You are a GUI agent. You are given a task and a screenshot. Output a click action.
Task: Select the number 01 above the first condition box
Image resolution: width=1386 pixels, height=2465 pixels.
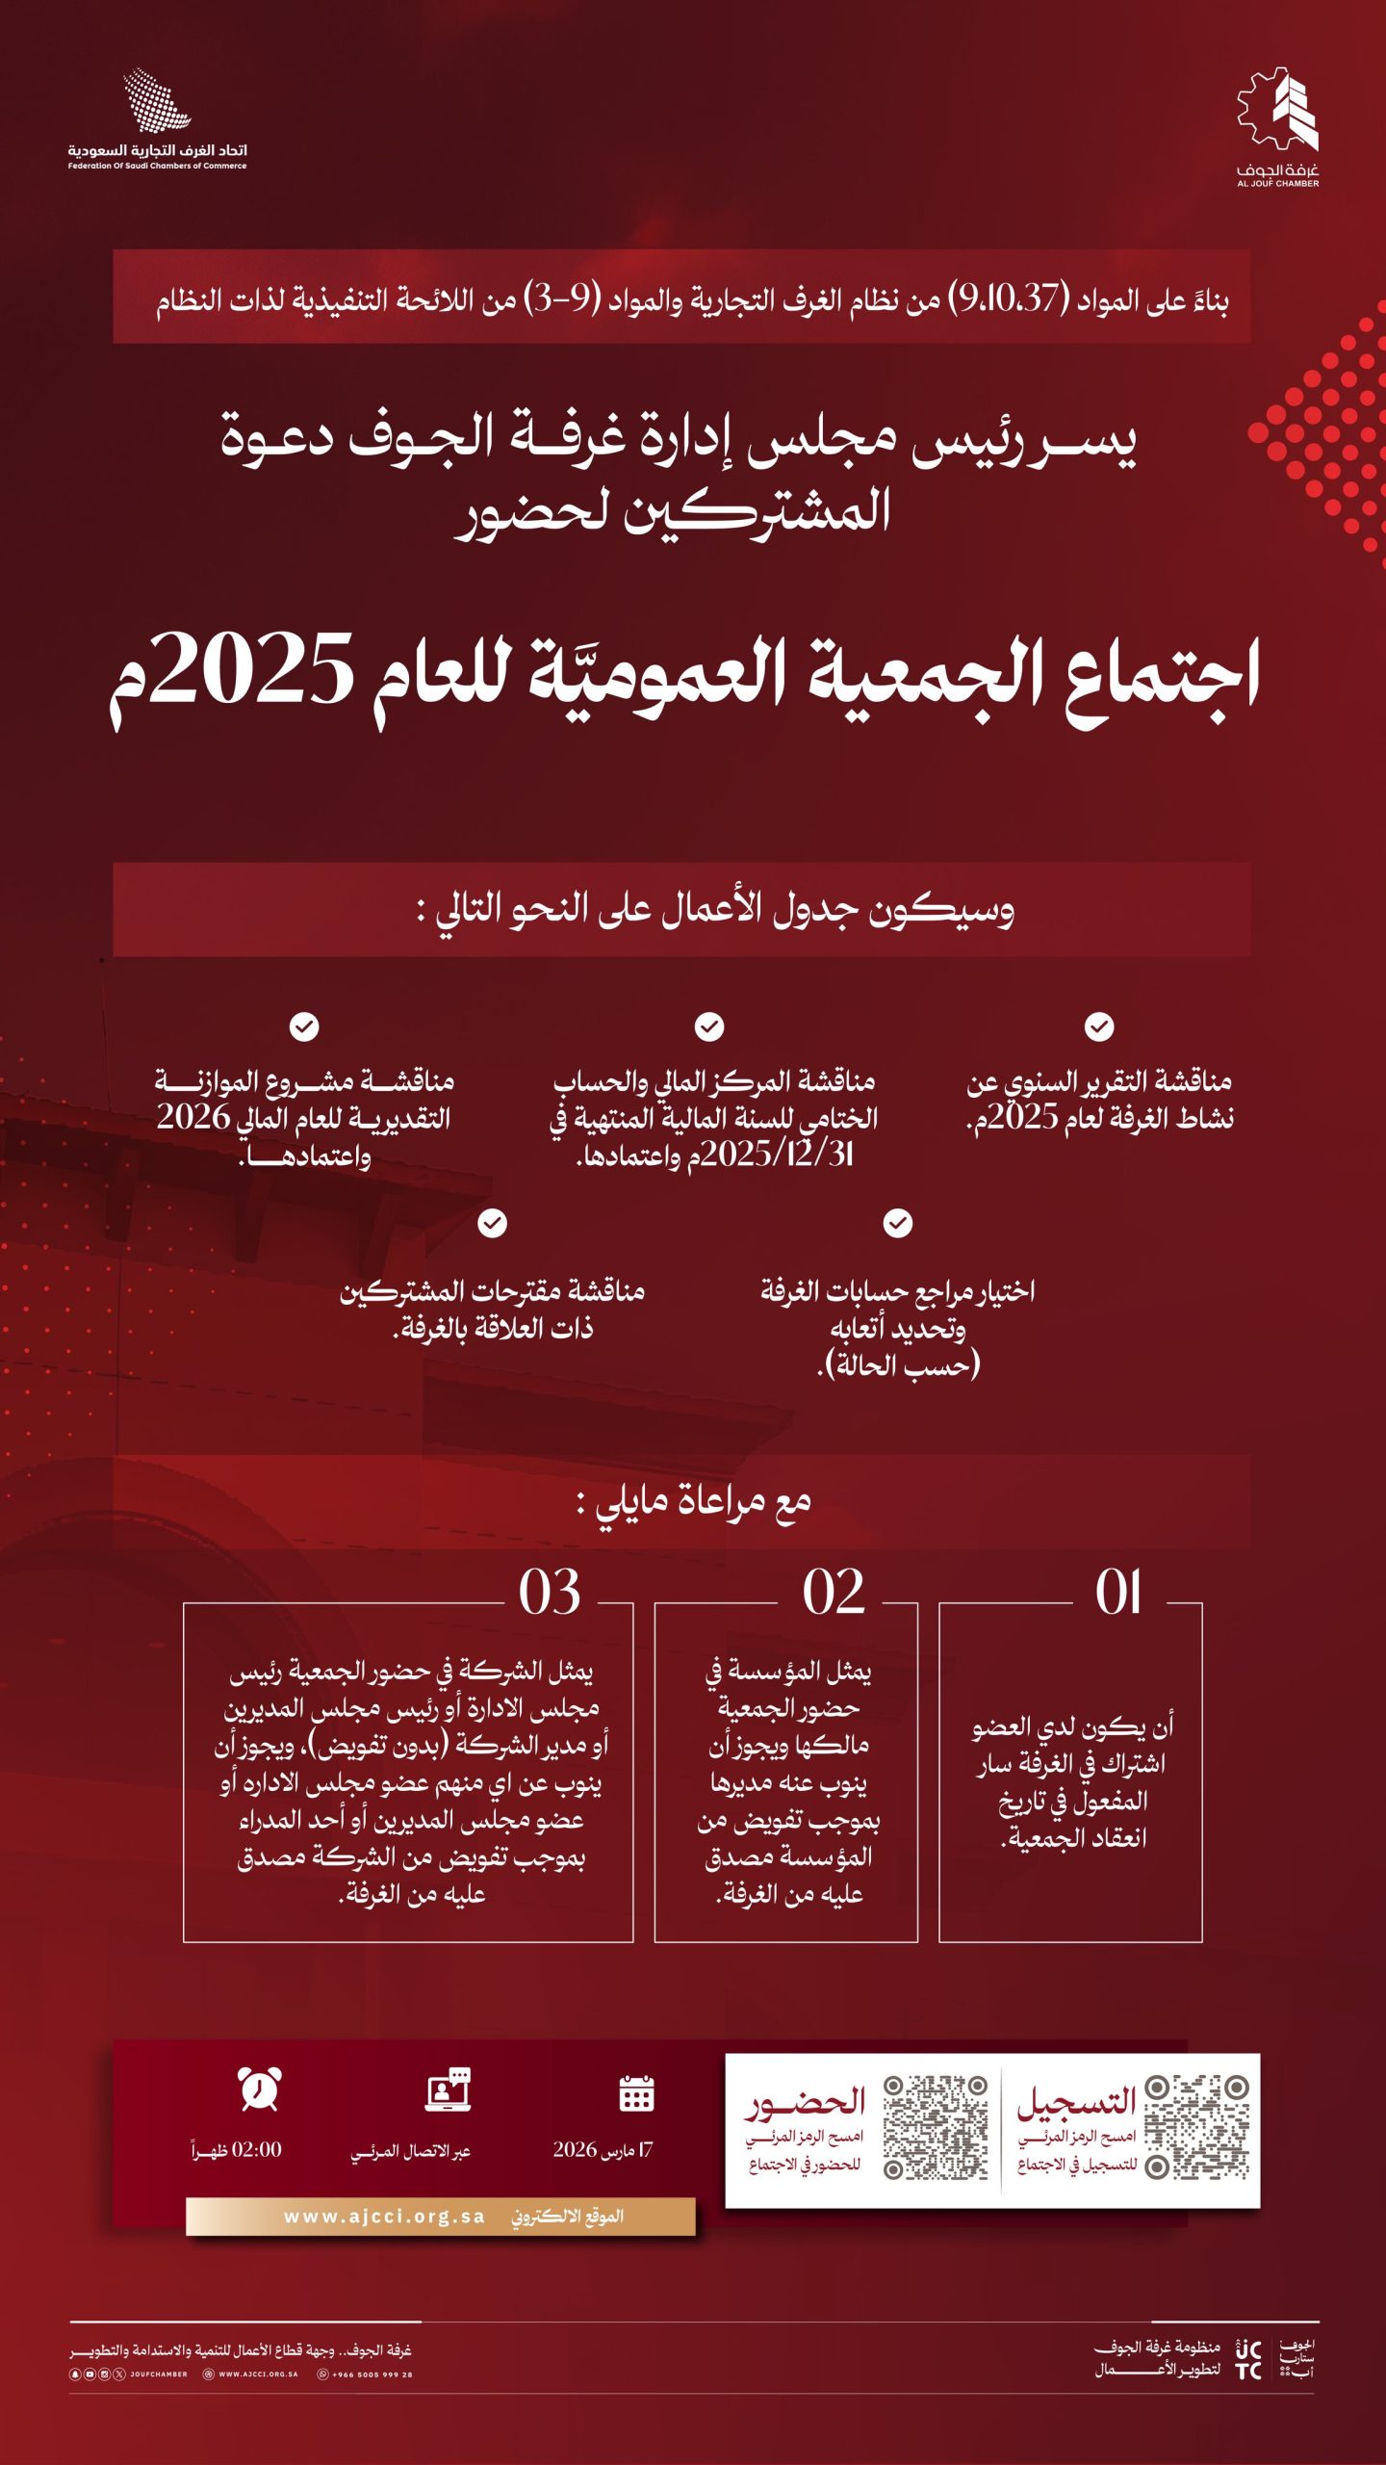(x=1118, y=1593)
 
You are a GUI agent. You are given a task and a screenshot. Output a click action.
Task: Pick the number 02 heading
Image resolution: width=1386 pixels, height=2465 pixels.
(x=834, y=1593)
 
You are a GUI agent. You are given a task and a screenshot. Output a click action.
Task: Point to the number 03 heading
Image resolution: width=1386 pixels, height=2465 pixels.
(x=550, y=1593)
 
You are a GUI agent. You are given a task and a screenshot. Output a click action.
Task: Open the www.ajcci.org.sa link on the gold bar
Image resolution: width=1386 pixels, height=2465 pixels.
(x=384, y=2217)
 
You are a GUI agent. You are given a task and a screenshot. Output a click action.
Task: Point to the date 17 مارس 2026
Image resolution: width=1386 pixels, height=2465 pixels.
(x=603, y=2150)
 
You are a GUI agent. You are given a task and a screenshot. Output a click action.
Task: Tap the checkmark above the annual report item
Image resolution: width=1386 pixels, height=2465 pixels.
(x=1099, y=1026)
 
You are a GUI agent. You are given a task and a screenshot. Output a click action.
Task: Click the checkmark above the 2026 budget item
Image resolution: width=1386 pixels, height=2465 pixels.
(x=304, y=1026)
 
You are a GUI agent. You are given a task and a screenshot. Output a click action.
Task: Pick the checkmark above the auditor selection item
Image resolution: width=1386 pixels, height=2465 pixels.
(x=898, y=1223)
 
